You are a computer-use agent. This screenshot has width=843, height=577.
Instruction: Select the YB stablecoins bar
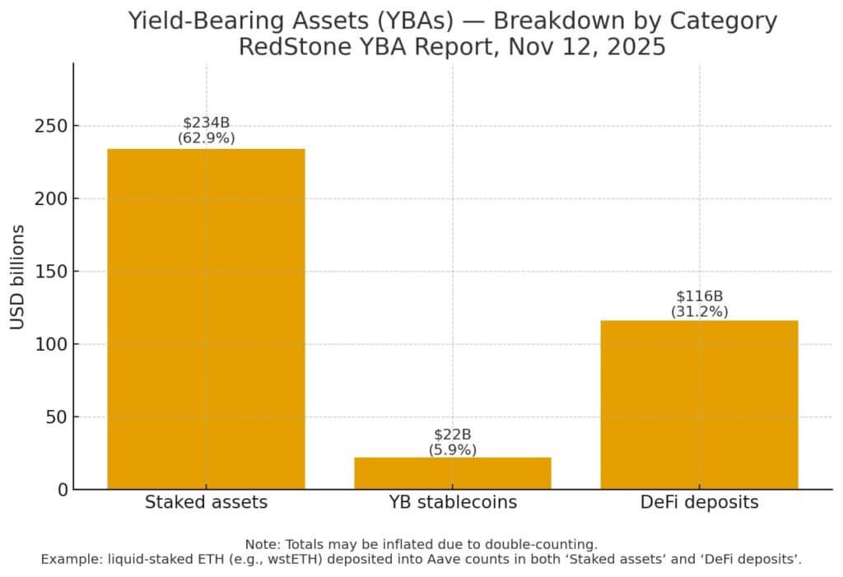[452, 473]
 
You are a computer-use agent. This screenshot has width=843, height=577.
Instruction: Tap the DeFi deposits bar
[699, 404]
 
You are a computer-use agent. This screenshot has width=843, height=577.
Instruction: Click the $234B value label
[206, 123]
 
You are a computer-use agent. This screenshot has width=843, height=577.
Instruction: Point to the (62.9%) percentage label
[206, 138]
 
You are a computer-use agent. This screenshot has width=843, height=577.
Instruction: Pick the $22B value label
[452, 434]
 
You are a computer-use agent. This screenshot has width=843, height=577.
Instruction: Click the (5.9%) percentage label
[452, 449]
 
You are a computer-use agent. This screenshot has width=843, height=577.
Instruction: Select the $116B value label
[699, 295]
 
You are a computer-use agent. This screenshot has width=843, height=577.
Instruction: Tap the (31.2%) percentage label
[699, 311]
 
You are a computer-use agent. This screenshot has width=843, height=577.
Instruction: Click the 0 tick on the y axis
[59, 490]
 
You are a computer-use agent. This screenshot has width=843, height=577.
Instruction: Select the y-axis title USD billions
[18, 277]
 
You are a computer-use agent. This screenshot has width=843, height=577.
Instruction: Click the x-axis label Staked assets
[206, 502]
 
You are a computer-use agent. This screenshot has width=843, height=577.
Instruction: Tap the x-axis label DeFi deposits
[699, 502]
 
